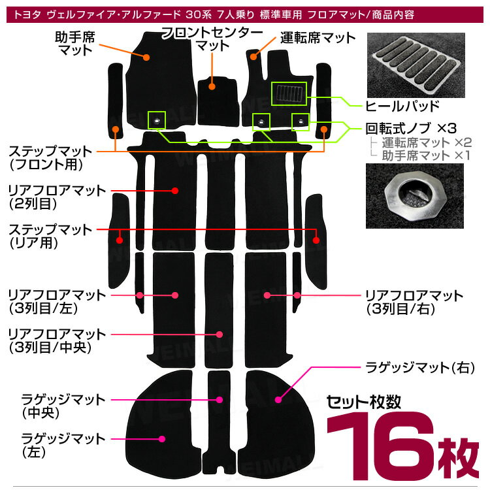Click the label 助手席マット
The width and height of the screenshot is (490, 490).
[x=75, y=44]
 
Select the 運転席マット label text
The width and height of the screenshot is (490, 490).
[x=318, y=38]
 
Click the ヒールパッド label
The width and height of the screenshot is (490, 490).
[x=402, y=106]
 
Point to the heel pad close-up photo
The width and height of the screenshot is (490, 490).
[x=416, y=65]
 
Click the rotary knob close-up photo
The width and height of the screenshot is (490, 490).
[x=415, y=196]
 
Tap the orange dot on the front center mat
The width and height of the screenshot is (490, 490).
[x=212, y=86]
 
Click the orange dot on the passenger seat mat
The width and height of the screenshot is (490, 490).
[x=146, y=57]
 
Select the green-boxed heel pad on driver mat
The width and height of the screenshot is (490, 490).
[x=289, y=93]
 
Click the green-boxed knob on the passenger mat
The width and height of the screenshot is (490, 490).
[x=157, y=120]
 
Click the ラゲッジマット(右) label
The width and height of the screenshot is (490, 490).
[x=419, y=368]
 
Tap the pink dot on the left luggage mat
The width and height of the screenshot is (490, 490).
[x=162, y=439]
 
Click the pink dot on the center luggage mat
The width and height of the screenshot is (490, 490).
[x=220, y=400]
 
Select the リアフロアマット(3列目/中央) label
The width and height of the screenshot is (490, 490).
[x=57, y=341]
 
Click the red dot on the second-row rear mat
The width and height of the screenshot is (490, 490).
[x=175, y=191]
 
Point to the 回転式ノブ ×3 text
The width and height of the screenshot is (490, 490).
[x=411, y=128]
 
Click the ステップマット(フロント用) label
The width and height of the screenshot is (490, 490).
[x=50, y=158]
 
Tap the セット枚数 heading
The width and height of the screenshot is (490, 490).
[x=363, y=402]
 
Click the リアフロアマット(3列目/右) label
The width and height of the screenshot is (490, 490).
[x=414, y=302]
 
